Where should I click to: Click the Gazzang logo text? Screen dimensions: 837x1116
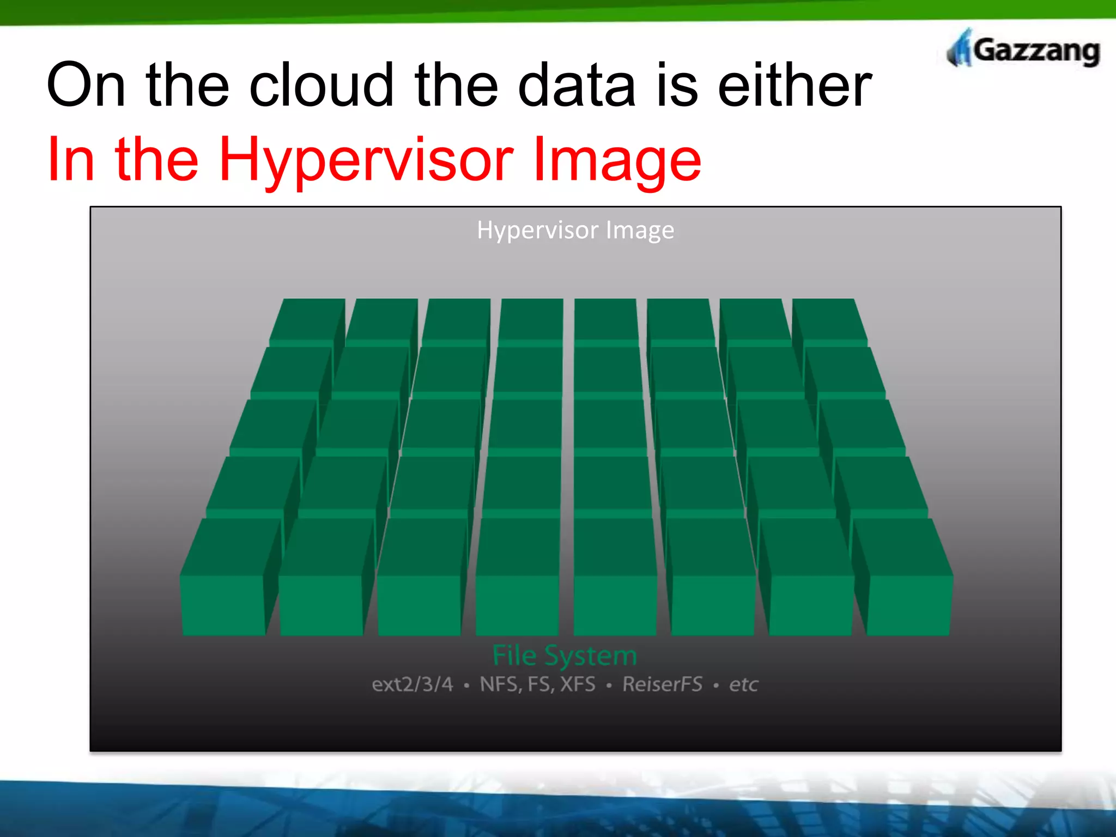pyautogui.click(x=1035, y=51)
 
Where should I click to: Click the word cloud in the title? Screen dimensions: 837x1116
pyautogui.click(x=321, y=86)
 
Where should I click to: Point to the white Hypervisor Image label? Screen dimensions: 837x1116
pyautogui.click(x=575, y=230)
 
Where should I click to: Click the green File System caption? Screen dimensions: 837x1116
pyautogui.click(x=565, y=655)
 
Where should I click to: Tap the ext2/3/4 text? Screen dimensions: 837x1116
pyautogui.click(x=413, y=684)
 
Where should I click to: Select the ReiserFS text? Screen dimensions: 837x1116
pyautogui.click(x=662, y=684)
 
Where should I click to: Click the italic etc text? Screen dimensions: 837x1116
pyautogui.click(x=743, y=685)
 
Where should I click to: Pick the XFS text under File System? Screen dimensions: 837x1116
pyautogui.click(x=578, y=684)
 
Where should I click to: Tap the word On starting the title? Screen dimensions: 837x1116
pyautogui.click(x=87, y=86)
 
